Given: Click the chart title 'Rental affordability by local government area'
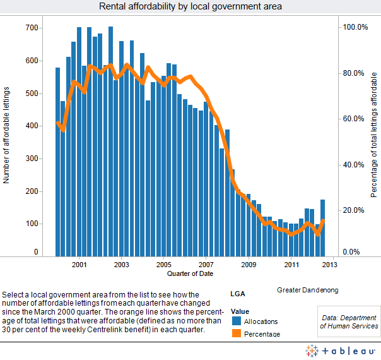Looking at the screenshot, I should coord(190,6).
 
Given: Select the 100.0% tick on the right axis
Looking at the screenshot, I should coord(354,27).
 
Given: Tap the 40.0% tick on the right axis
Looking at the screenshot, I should coord(354,165).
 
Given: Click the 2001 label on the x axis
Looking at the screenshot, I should coord(79,264).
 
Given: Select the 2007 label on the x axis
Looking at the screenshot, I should coord(206,264).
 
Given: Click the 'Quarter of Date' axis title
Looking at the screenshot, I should coord(190,274).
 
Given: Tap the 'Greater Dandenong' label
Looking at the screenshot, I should coord(307,290).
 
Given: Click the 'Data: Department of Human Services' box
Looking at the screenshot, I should coord(349,322).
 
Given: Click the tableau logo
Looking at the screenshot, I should coord(340,351).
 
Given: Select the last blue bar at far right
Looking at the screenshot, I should coord(323,228).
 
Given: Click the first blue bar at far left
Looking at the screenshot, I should coord(57,162).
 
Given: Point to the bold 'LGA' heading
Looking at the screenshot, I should coord(238,294).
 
